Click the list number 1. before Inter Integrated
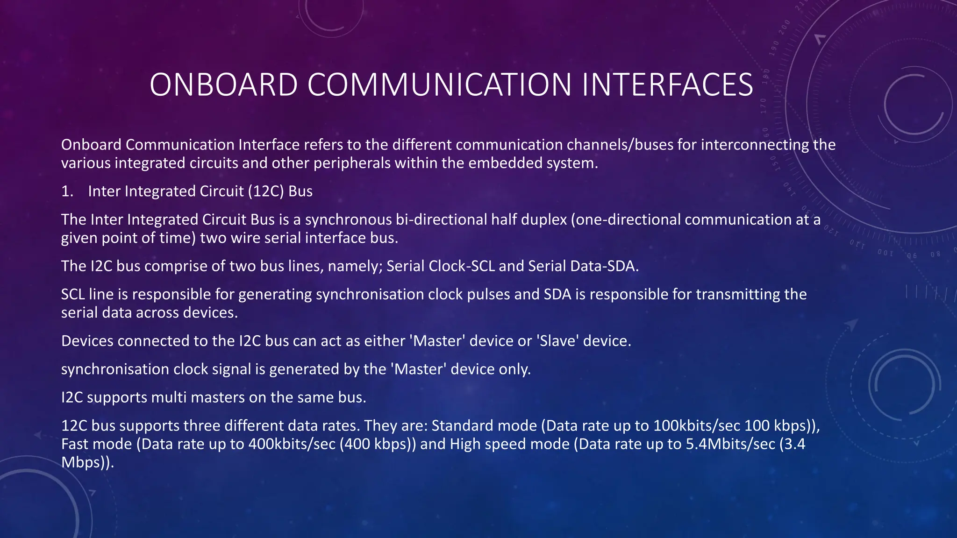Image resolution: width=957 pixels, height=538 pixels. coord(67,191)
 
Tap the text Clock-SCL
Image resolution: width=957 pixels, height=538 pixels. coord(462,266)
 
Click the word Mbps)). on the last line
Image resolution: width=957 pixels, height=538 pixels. coord(87,462)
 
